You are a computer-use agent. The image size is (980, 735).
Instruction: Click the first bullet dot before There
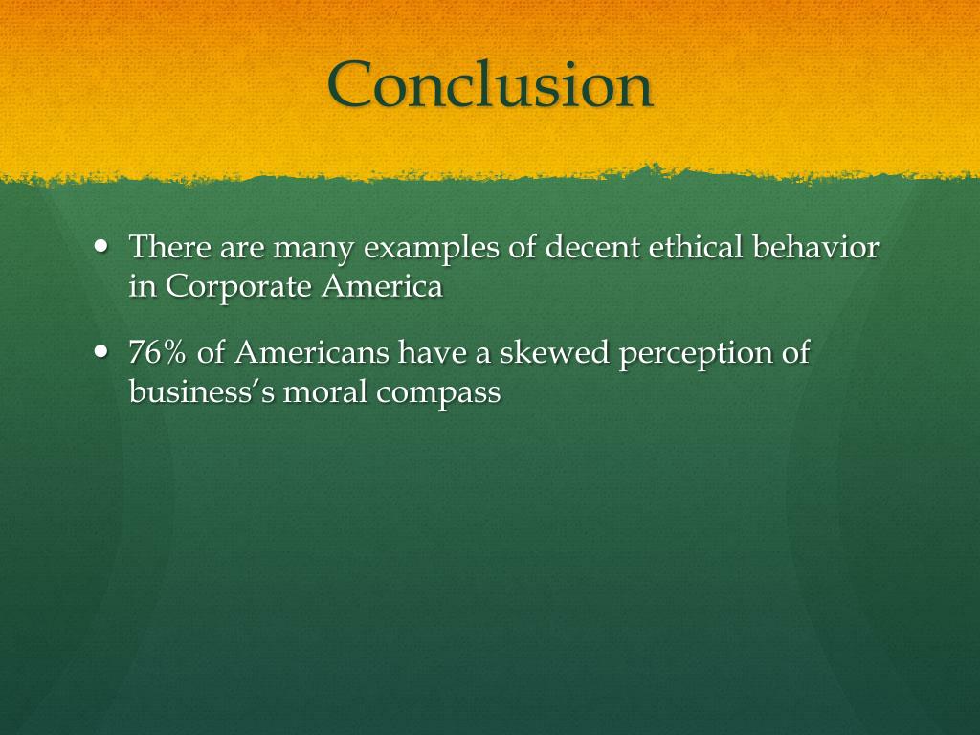pyautogui.click(x=103, y=245)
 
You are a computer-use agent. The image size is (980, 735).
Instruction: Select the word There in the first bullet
pyautogui.click(x=169, y=248)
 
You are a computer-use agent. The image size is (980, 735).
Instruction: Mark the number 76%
pyautogui.click(x=159, y=353)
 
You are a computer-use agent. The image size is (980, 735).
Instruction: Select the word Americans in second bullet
pyautogui.click(x=312, y=353)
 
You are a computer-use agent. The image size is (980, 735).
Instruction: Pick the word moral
pyautogui.click(x=324, y=391)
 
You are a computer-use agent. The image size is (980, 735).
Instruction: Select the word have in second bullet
pyautogui.click(x=428, y=353)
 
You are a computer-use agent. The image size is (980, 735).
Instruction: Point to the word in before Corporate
pyautogui.click(x=143, y=286)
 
